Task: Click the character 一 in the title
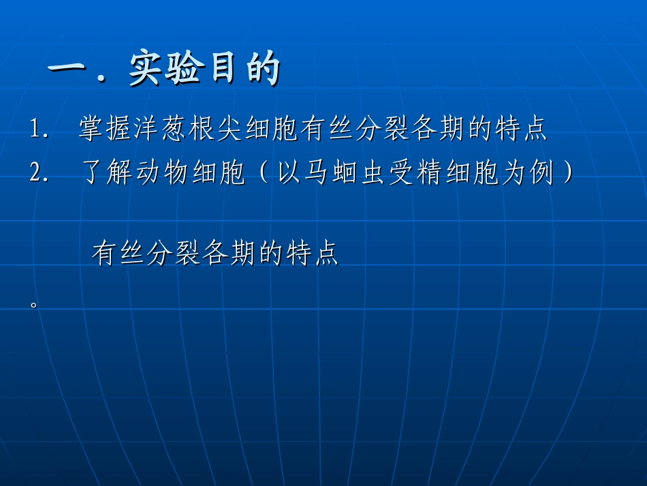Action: pos(70,70)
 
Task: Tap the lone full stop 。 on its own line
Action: pos(33,304)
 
